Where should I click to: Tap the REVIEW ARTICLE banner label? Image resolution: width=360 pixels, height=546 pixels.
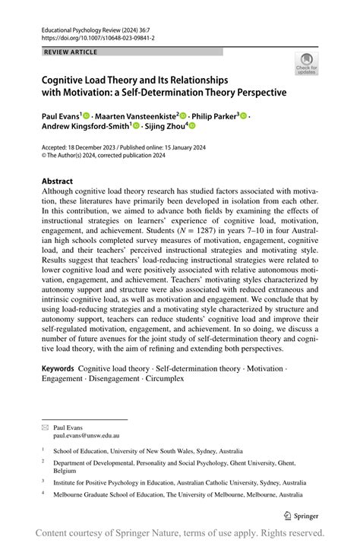tap(70, 52)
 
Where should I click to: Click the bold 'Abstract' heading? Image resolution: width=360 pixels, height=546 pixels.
tap(57, 181)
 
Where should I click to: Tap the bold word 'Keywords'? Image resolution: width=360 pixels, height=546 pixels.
tap(58, 368)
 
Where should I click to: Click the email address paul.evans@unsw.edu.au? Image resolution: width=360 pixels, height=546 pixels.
tap(85, 437)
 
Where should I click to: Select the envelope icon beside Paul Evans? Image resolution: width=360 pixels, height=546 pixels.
tap(45, 428)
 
